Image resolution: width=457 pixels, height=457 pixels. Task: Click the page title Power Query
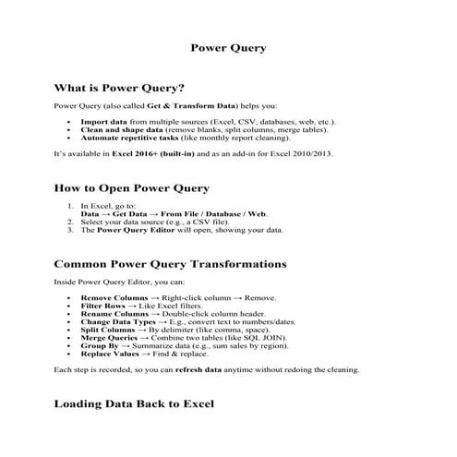[228, 48]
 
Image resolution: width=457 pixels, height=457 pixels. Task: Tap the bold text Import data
[102, 122]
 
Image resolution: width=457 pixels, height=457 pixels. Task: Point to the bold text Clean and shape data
[114, 129]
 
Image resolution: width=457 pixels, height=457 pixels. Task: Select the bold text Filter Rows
[103, 307]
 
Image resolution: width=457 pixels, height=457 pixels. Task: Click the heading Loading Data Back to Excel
[134, 403]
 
